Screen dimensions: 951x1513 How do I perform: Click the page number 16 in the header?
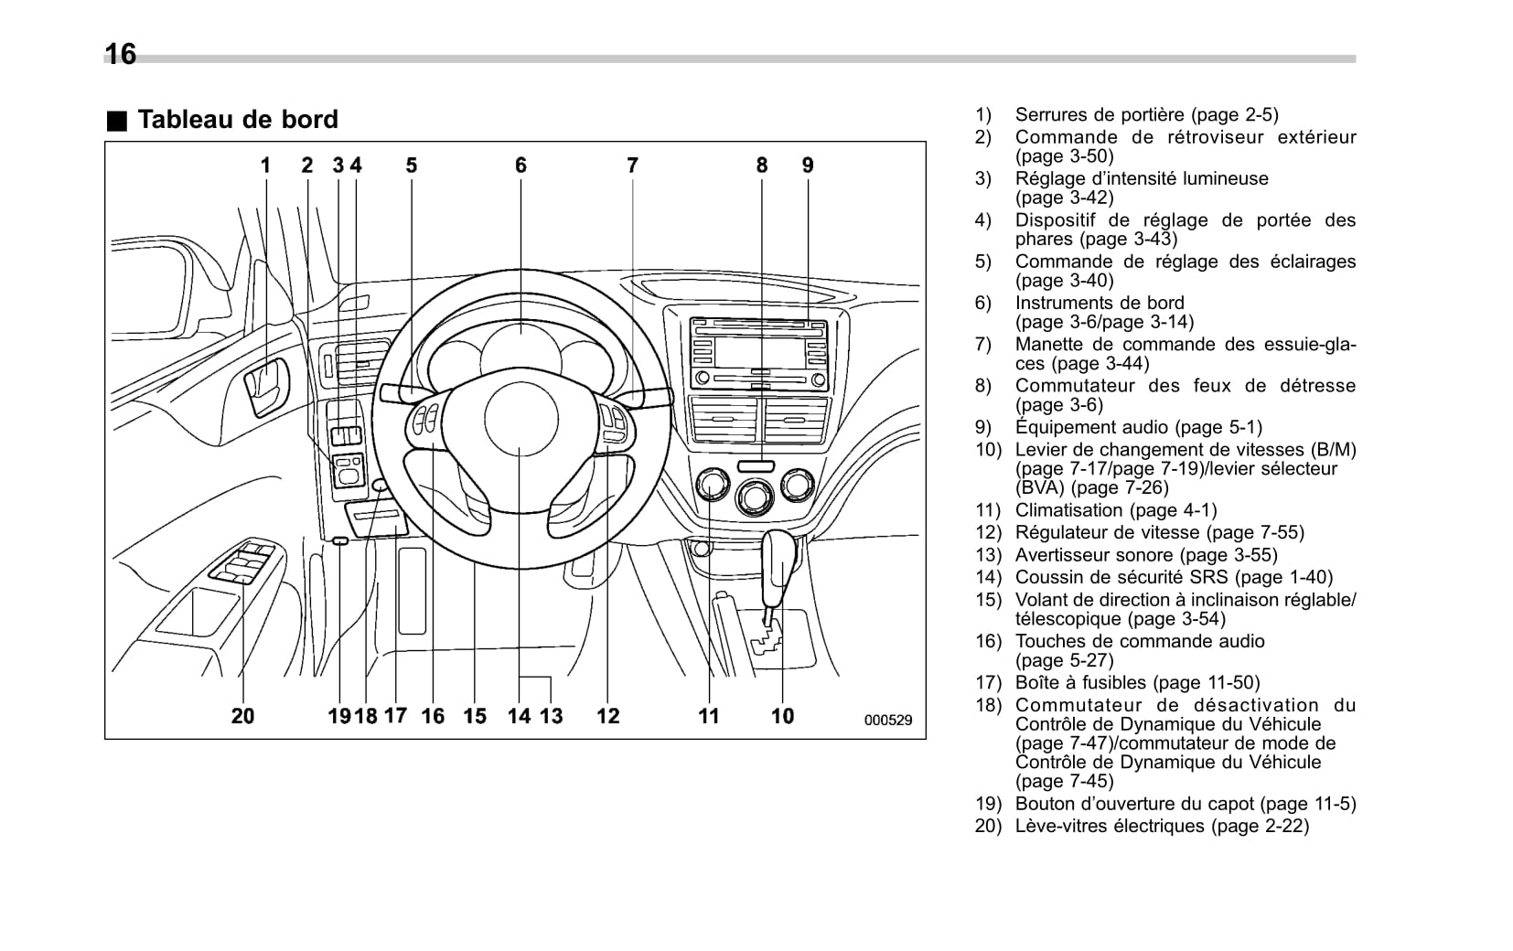coord(121,55)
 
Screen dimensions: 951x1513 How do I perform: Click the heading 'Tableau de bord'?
coord(237,120)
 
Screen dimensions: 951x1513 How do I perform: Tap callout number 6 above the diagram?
coord(520,166)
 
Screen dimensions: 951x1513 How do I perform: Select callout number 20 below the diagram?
coord(242,716)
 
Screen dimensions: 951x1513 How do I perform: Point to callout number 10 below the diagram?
coord(782,716)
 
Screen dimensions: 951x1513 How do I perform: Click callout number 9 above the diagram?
coord(808,166)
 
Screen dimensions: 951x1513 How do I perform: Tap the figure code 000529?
coord(887,721)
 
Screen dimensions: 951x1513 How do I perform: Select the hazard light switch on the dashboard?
coord(756,465)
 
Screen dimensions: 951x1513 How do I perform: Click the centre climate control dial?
coord(755,497)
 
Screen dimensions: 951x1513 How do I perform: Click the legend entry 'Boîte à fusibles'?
coord(1136,683)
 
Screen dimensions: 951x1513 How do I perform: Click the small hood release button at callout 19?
coord(339,541)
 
